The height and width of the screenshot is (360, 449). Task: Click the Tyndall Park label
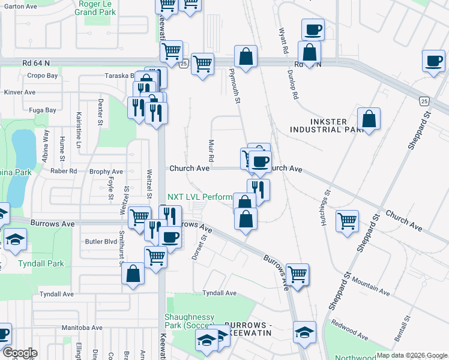41,263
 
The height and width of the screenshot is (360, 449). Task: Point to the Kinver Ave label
20,92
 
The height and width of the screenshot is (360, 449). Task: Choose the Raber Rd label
64,171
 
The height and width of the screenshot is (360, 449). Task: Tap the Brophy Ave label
106,172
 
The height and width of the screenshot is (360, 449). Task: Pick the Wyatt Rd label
283,40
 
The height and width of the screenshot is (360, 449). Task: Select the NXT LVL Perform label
199,197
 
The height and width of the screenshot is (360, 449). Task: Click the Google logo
20,353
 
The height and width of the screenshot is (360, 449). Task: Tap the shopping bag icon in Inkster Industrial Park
369,118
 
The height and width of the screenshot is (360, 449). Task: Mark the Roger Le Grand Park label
96,7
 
